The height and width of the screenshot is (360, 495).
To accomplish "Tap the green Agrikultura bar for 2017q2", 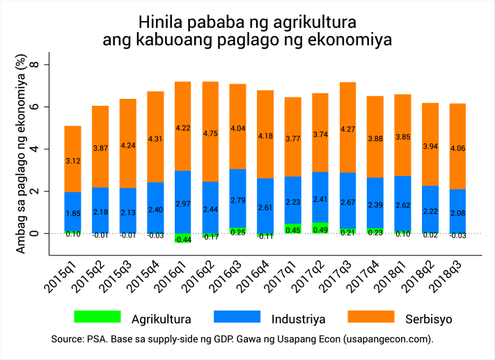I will click(320, 228).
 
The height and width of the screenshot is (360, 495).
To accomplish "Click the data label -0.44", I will click(183, 240).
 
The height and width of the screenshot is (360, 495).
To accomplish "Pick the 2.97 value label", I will click(183, 203).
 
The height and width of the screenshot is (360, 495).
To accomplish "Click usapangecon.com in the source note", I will click(386, 339).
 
